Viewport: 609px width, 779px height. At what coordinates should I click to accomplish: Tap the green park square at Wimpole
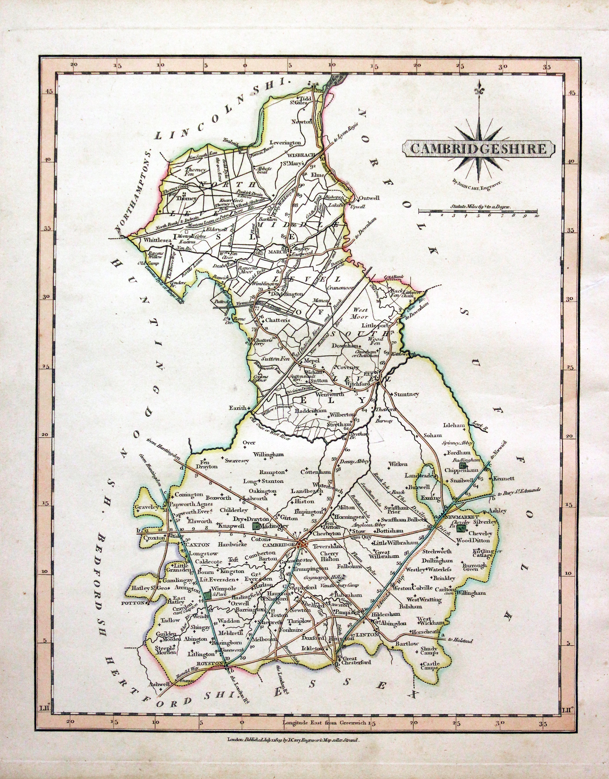pyautogui.click(x=207, y=595)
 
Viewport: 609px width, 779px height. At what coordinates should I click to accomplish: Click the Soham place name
pyautogui.click(x=433, y=435)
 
